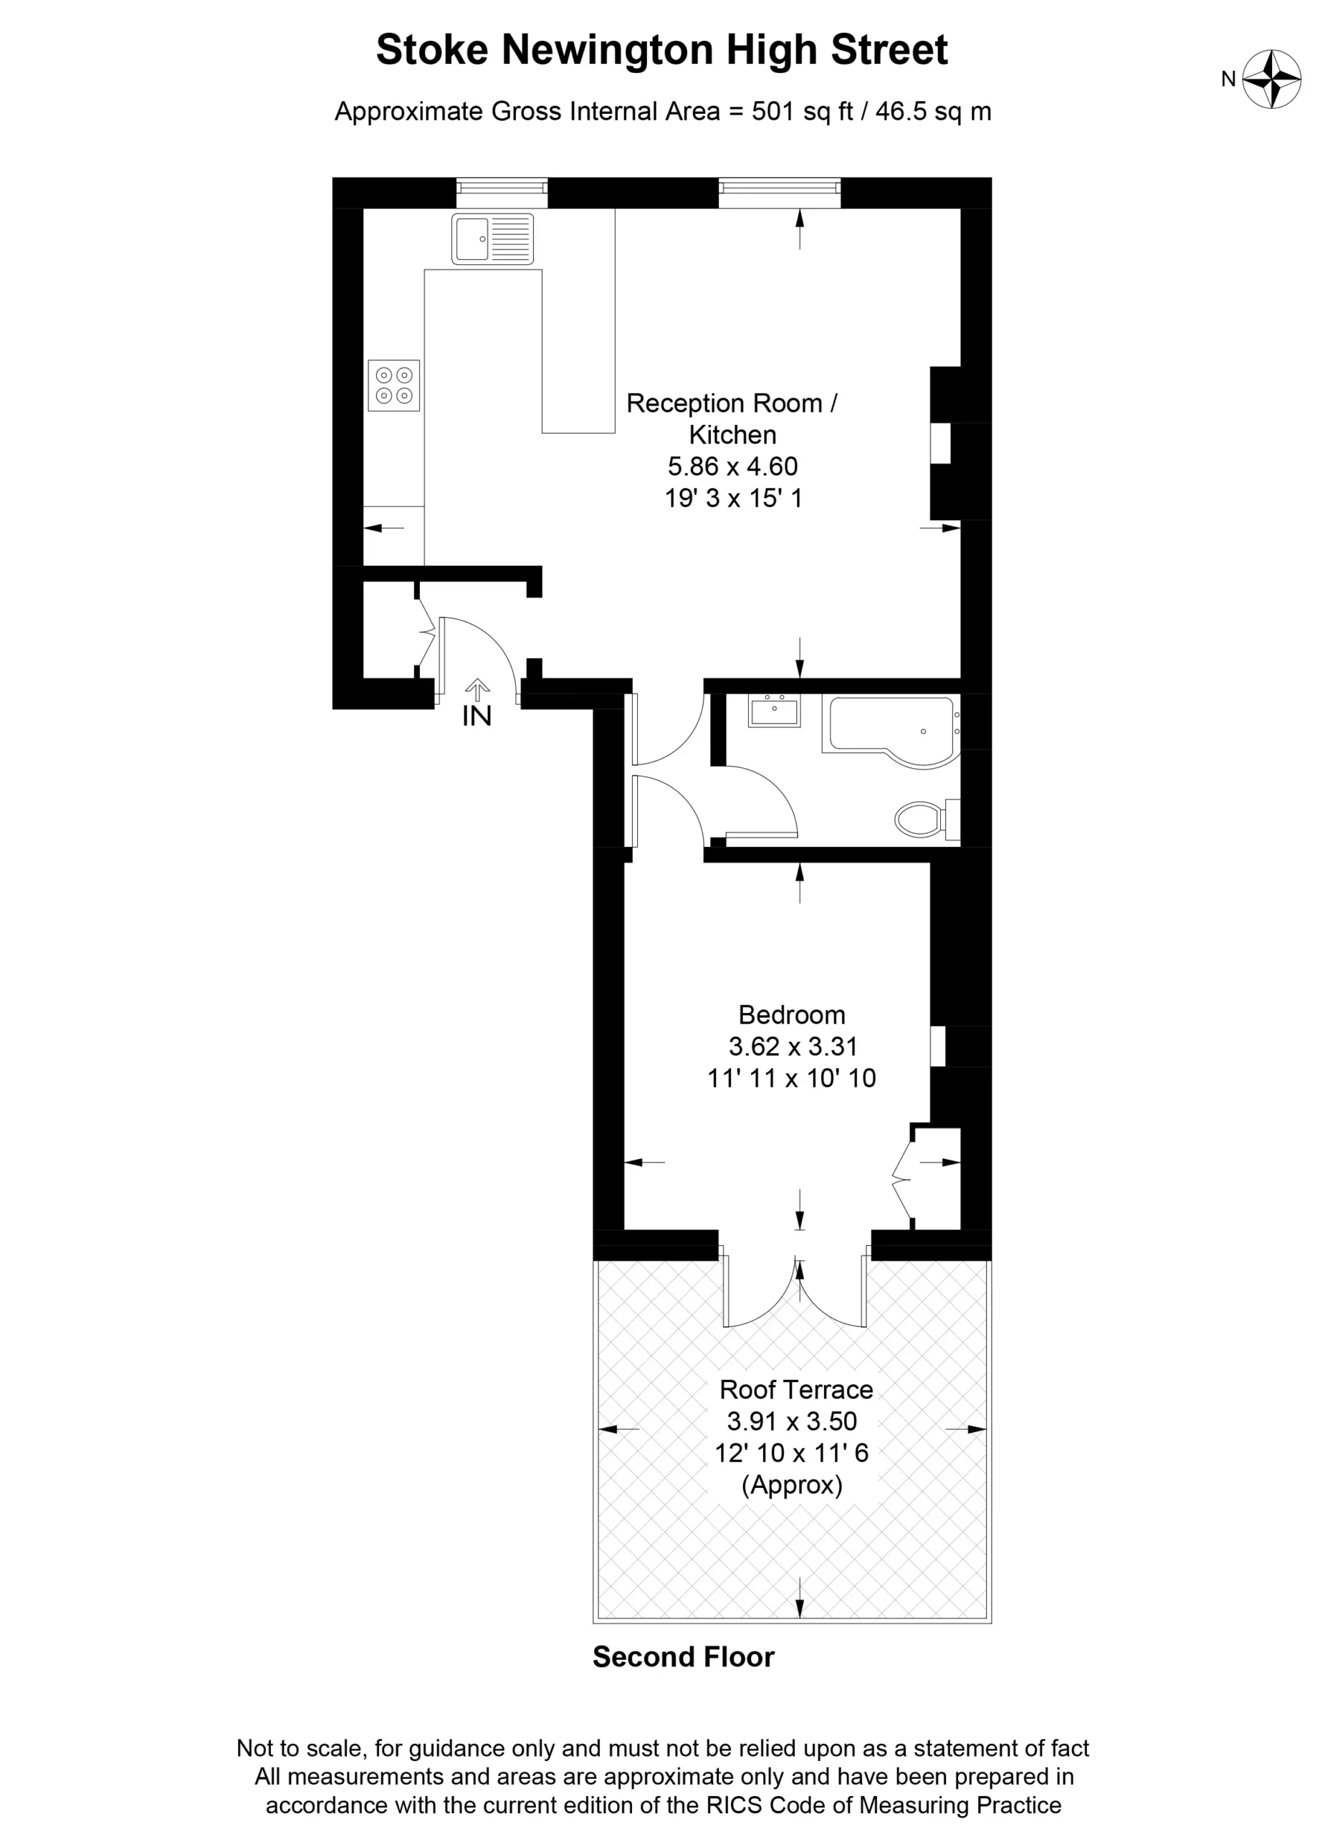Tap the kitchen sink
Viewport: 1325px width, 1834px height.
click(492, 239)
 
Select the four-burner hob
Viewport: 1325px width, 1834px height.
click(394, 385)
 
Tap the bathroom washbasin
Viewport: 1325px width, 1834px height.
click(773, 711)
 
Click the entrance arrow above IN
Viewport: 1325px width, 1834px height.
click(477, 689)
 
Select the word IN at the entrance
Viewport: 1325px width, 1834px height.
click(477, 716)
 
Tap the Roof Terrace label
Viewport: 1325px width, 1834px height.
click(796, 1389)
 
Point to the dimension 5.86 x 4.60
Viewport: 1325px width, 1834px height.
click(733, 466)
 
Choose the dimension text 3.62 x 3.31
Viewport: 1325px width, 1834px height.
click(793, 1047)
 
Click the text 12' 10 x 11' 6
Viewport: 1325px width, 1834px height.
click(792, 1453)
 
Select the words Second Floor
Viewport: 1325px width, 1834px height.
click(684, 1657)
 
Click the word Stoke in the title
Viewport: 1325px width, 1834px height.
click(432, 50)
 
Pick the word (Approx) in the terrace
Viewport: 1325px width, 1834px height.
click(793, 1484)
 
